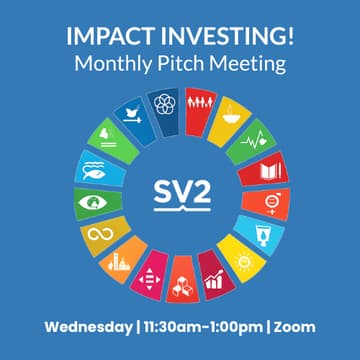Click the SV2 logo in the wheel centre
pos(180,191)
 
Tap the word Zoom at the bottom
pos(295,326)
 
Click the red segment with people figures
pos(201,104)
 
